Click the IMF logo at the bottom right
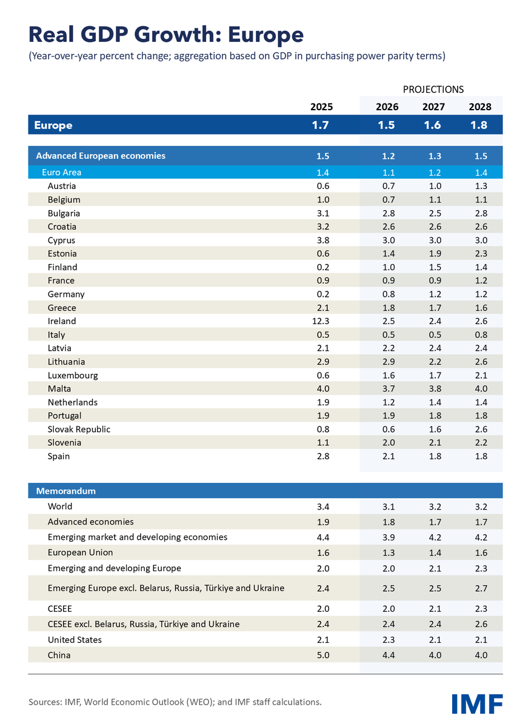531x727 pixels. pyautogui.click(x=477, y=703)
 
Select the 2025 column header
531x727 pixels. pyautogui.click(x=322, y=107)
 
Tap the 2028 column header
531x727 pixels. pyautogui.click(x=480, y=107)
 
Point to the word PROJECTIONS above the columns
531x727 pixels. pyautogui.click(x=433, y=89)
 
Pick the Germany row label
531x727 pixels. pyautogui.click(x=66, y=294)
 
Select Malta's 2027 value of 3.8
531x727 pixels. pyautogui.click(x=435, y=389)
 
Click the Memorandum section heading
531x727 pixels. pyautogui.click(x=66, y=491)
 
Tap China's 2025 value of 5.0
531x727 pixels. pyautogui.click(x=322, y=655)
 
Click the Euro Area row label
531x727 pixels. pyautogui.click(x=61, y=173)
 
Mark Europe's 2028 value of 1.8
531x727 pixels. pyautogui.click(x=480, y=125)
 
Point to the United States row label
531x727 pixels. pyautogui.click(x=75, y=640)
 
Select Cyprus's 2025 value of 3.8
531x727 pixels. pyautogui.click(x=322, y=240)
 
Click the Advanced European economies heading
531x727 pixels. pyautogui.click(x=101, y=156)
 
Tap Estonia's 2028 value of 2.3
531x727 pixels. pyautogui.click(x=480, y=254)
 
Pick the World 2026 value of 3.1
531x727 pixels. pyautogui.click(x=389, y=506)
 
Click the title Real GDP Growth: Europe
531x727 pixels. pyautogui.click(x=165, y=34)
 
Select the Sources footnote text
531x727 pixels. pyautogui.click(x=175, y=702)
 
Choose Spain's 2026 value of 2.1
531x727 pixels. pyautogui.click(x=389, y=456)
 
